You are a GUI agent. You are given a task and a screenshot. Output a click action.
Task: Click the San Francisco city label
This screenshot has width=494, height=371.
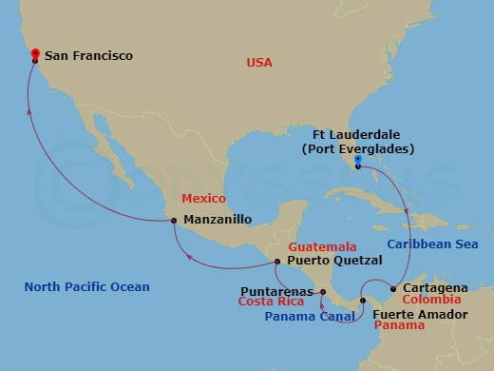(90, 56)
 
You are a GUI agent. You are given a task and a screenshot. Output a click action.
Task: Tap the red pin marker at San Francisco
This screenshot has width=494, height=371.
(35, 54)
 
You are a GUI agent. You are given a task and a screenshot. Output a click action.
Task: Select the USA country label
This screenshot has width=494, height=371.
(259, 63)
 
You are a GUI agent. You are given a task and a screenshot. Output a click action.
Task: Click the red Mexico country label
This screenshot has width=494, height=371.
(203, 199)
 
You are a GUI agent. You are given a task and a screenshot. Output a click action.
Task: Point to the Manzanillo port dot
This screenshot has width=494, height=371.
(174, 221)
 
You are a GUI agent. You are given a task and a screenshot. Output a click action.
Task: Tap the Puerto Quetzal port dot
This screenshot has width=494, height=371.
(277, 261)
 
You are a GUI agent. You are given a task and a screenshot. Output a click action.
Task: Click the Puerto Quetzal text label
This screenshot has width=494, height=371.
(330, 261)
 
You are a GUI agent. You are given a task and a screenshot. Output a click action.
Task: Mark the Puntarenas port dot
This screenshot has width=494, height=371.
(323, 292)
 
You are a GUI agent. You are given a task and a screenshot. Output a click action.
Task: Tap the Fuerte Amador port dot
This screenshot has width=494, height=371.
(362, 301)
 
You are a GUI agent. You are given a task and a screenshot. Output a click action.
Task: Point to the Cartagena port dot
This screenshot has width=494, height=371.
(393, 288)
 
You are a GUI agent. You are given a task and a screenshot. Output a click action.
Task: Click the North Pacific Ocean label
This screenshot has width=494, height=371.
(87, 286)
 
